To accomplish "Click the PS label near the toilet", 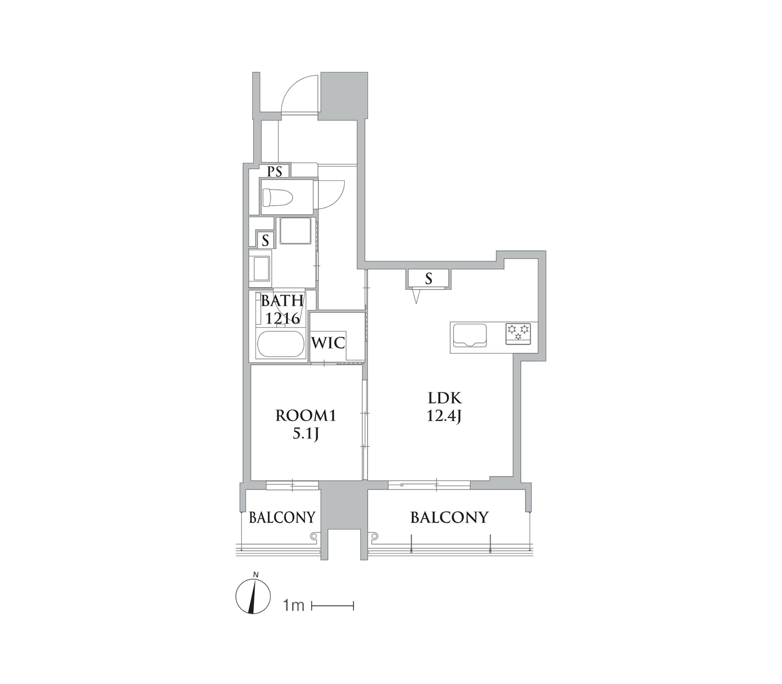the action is [x=275, y=171].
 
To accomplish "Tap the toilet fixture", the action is [x=277, y=198].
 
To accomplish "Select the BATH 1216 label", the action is [x=282, y=309].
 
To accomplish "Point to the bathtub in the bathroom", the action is [x=281, y=344].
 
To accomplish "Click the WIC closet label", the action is [x=328, y=342].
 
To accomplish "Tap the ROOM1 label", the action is [x=306, y=416].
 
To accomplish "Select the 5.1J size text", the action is [x=306, y=433].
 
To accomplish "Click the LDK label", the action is [x=444, y=398].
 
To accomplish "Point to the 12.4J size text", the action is [x=444, y=416].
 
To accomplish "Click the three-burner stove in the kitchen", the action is [x=518, y=333].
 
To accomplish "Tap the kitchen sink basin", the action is [x=470, y=335].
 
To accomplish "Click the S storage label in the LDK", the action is [x=429, y=278].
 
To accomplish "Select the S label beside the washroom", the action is [x=265, y=240].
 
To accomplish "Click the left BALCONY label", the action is [x=282, y=517].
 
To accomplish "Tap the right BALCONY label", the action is [x=449, y=517].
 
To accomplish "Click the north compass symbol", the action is [x=253, y=596].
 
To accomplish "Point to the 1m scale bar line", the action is [x=332, y=606].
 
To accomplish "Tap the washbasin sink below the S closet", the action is [x=260, y=268].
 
